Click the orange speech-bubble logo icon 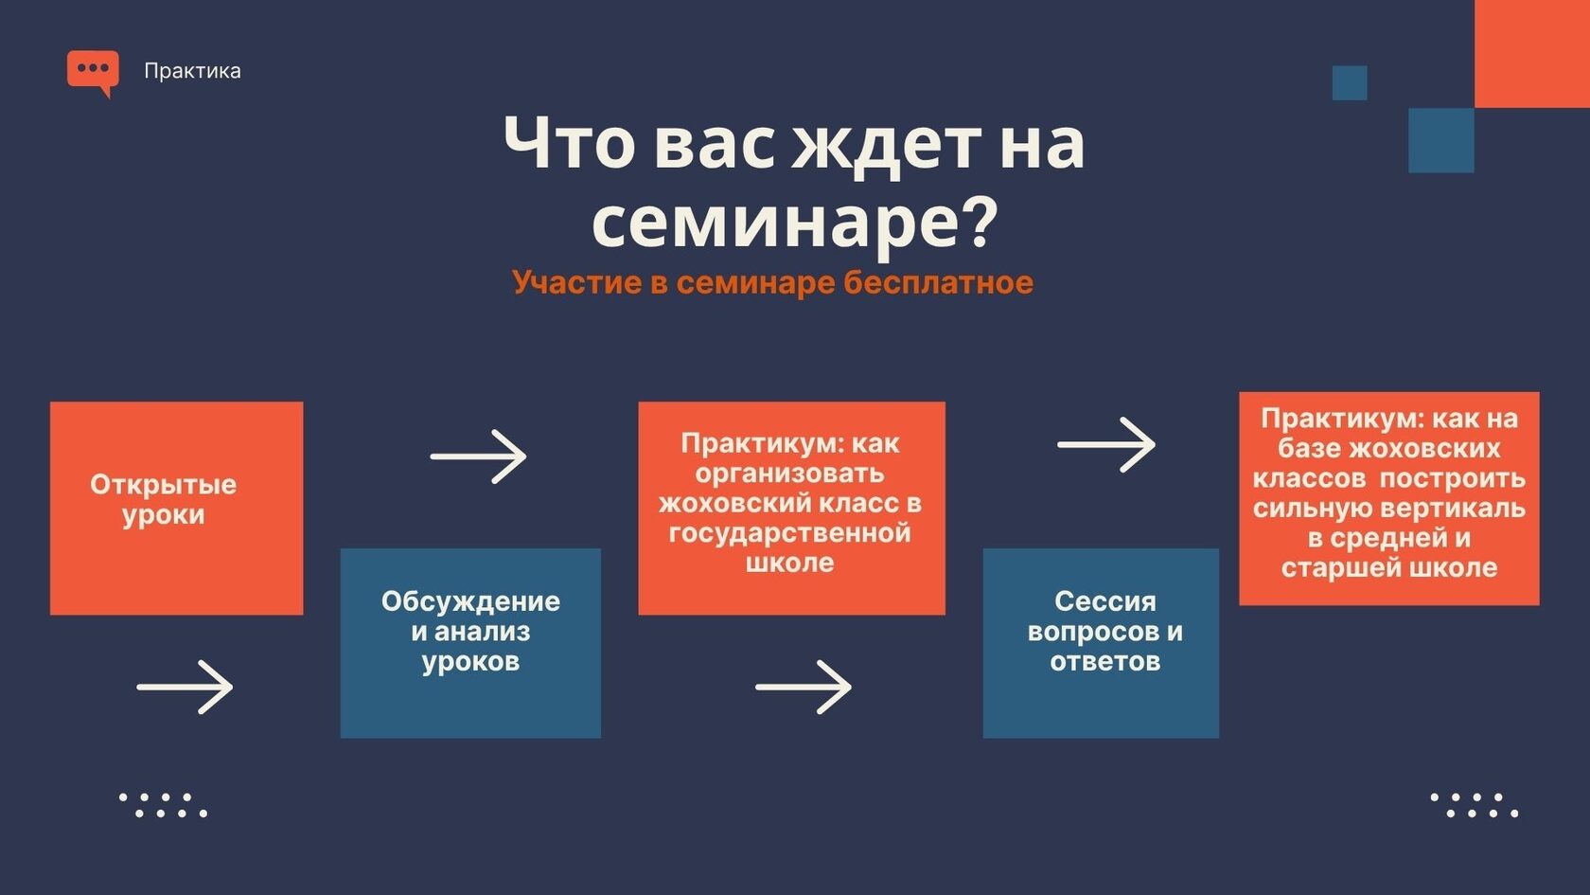click(x=93, y=73)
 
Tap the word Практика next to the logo click(x=192, y=71)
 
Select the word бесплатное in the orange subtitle click(x=938, y=282)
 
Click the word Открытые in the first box click(x=163, y=485)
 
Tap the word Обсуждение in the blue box click(x=470, y=601)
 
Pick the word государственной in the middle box click(x=789, y=532)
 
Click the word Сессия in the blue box click(x=1105, y=601)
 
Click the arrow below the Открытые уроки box click(x=185, y=687)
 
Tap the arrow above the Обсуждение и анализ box click(x=479, y=456)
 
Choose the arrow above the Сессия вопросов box click(x=1105, y=445)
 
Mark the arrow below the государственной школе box click(x=804, y=687)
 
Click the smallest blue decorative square click(x=1350, y=83)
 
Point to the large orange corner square click(x=1531, y=54)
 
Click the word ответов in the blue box click(x=1105, y=662)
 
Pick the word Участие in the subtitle click(x=577, y=282)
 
